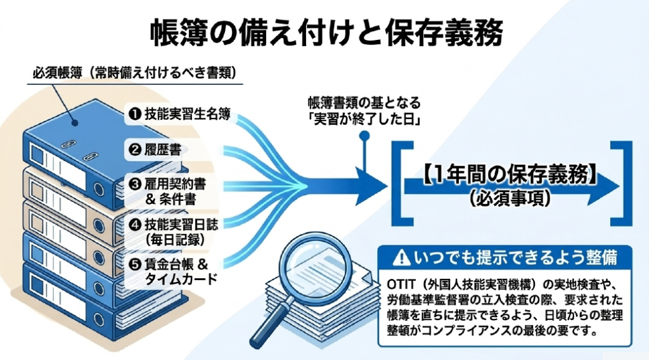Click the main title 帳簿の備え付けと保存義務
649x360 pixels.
pos(326,33)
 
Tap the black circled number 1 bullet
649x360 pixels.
pos(135,114)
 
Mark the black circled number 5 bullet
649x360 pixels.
pos(135,264)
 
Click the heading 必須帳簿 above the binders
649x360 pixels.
pos(58,73)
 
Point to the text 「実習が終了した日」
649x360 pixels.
pos(364,120)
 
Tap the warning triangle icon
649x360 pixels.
pos(401,257)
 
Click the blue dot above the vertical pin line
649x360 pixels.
pos(364,136)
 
